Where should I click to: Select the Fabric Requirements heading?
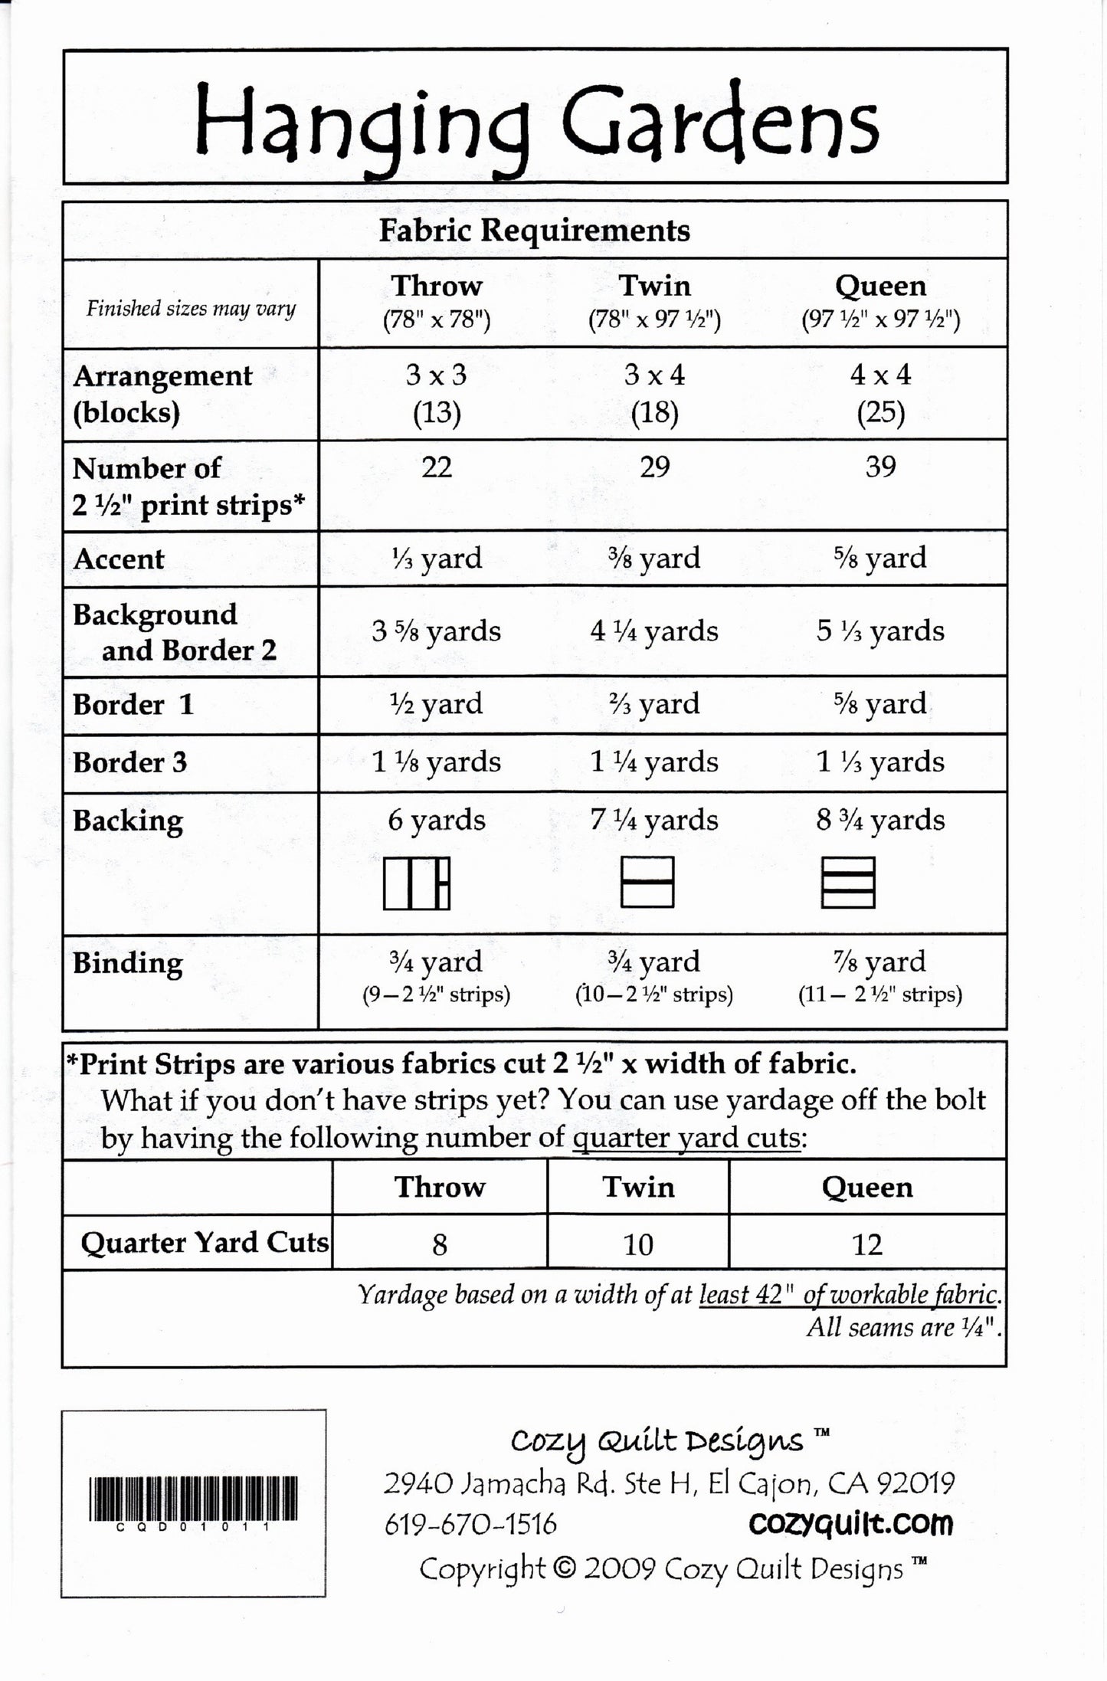534,231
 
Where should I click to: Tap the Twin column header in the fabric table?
654,287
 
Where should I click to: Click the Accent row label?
119,559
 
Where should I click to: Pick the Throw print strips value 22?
437,467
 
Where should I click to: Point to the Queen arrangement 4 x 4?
880,375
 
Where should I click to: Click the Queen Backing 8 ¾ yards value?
880,821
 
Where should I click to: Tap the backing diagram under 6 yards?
417,883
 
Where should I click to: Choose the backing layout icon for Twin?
647,882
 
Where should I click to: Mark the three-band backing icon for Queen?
848,882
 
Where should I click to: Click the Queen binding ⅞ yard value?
880,962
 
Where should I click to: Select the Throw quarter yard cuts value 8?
439,1244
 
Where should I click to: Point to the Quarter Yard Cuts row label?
204,1243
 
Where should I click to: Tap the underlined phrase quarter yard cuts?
686,1138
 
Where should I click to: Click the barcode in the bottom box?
193,1499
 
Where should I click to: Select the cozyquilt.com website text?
850,1524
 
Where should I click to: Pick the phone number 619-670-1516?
470,1525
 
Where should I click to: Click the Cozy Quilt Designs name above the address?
657,1442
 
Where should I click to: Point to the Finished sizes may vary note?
191,309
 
